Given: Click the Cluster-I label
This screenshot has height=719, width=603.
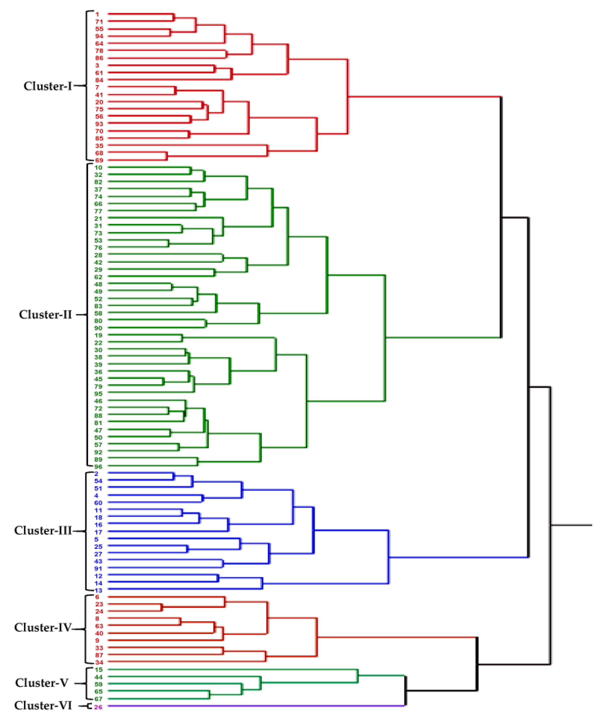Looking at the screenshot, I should coord(48,86).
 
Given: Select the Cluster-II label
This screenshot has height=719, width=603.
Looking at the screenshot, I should coord(45,315).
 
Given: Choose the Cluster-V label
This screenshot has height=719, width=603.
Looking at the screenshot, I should coord(42,683).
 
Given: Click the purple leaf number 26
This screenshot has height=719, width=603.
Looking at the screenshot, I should coord(98,707).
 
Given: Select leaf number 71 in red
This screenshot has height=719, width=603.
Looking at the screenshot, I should coord(99,22).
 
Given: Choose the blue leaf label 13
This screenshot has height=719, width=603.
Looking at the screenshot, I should coord(98,591).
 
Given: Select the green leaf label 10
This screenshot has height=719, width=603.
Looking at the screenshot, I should coord(98,168).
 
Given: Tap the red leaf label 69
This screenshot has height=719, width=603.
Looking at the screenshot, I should coord(99,160).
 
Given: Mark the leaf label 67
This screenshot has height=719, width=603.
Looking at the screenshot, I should coord(99,699).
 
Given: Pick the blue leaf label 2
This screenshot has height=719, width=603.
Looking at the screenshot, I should coord(97,474).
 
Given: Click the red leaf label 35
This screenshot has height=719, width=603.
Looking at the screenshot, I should coord(99,146).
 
